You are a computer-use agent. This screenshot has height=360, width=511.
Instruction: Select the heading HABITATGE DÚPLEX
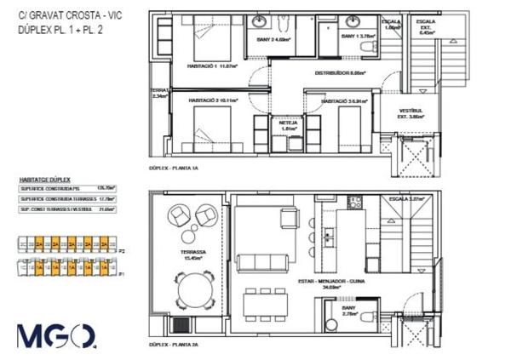[44, 180]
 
